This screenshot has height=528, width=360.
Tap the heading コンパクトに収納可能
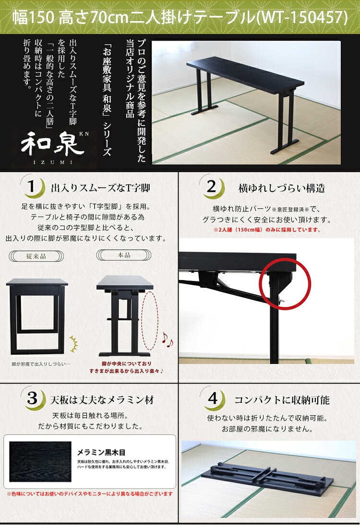(x=282, y=400)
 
